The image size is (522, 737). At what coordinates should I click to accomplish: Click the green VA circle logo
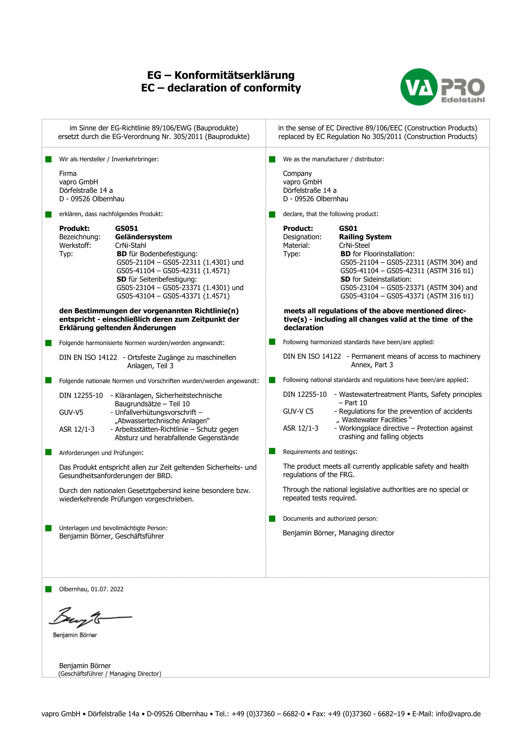(x=418, y=87)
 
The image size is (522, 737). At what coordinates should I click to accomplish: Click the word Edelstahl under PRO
(x=463, y=100)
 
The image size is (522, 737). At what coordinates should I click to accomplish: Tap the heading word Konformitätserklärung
(x=234, y=75)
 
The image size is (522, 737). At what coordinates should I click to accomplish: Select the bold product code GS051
(x=127, y=229)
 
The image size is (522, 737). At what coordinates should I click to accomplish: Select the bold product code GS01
(x=348, y=229)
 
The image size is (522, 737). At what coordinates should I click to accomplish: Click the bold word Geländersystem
(x=143, y=237)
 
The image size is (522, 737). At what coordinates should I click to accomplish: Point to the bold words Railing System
(x=365, y=237)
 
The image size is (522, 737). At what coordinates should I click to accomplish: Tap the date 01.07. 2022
(x=107, y=589)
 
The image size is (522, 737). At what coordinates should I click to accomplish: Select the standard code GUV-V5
(x=71, y=412)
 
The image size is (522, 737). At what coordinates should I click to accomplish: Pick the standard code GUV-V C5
(x=298, y=412)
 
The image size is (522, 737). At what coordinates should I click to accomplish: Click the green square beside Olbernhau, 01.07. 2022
(x=48, y=589)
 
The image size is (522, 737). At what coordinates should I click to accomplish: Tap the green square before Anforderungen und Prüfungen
(x=48, y=452)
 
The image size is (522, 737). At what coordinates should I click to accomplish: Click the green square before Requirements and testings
(x=272, y=451)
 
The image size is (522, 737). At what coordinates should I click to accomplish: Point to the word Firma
(x=68, y=174)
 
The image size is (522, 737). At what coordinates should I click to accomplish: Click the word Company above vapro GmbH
(x=297, y=174)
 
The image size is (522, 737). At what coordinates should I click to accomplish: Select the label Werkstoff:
(x=75, y=246)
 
